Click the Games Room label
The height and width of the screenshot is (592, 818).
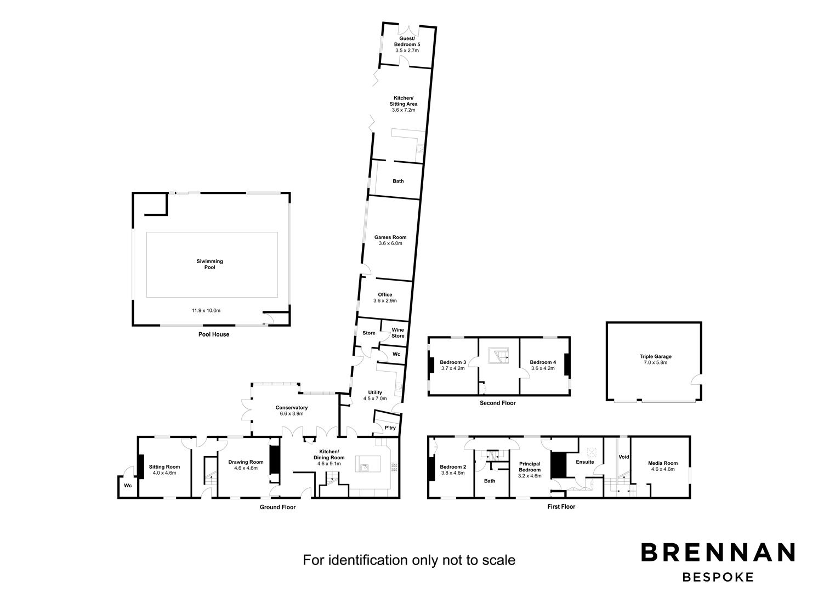point(390,237)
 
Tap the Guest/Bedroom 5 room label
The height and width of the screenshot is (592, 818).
point(407,41)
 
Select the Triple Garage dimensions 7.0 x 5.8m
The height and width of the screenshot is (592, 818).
point(656,363)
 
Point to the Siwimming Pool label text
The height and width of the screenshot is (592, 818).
point(209,264)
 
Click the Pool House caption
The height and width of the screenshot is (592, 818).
point(214,334)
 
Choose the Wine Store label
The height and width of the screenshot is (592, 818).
point(397,333)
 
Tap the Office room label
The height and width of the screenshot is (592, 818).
point(385,295)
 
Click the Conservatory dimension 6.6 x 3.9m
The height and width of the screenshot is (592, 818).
point(292,413)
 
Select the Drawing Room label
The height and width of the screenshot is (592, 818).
point(246,462)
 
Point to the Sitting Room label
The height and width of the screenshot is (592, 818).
point(164,466)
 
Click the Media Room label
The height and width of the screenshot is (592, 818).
point(663,463)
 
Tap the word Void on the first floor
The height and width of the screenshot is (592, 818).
point(624,457)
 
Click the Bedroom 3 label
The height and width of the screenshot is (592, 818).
point(453,362)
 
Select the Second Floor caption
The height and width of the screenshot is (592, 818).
point(498,403)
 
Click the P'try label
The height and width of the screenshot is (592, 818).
point(390,428)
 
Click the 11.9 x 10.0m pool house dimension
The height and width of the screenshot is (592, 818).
point(206,310)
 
